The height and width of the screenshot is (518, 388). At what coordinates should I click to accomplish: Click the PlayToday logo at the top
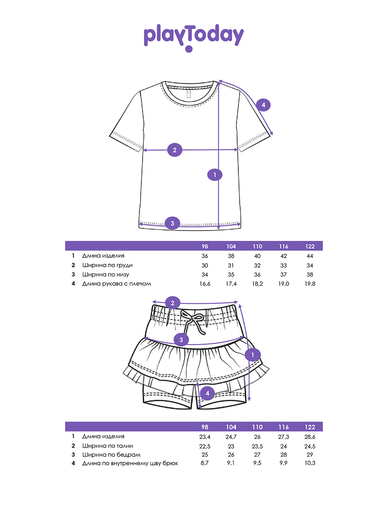194,37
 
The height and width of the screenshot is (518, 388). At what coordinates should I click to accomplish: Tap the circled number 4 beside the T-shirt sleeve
263,105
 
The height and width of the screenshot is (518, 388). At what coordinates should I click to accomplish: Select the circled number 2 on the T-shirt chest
175,150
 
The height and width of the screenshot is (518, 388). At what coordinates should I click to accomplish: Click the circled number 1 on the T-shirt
214,175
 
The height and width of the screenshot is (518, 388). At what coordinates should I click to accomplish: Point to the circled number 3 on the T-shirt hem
172,223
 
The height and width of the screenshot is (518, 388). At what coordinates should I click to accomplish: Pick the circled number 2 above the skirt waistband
172,303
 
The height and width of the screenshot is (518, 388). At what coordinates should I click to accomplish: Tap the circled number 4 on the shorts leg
207,393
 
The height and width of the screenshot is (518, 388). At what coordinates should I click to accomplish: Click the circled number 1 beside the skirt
252,355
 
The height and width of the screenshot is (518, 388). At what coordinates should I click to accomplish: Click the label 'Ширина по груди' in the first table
107,265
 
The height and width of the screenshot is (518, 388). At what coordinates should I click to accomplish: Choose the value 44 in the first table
309,256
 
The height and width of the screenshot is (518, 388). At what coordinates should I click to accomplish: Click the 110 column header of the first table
257,246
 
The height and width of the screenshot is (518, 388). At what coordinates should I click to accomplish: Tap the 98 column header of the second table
205,427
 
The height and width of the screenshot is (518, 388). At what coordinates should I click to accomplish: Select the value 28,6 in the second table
309,436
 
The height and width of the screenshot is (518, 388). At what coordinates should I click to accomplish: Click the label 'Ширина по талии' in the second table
108,446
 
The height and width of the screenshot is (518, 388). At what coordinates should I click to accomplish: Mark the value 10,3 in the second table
309,463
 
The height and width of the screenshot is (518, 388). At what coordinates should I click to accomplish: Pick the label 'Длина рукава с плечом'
117,284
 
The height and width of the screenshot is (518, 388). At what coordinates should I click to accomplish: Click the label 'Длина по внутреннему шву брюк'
130,463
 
